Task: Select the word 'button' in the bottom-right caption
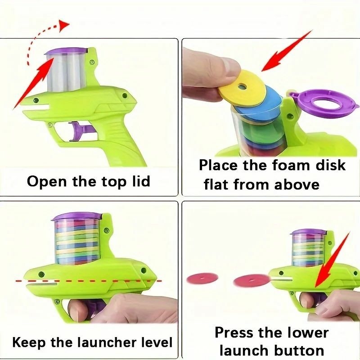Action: click(299, 351)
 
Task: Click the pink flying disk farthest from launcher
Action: click(202, 279)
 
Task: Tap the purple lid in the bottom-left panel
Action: click(77, 216)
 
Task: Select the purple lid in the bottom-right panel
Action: click(308, 232)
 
